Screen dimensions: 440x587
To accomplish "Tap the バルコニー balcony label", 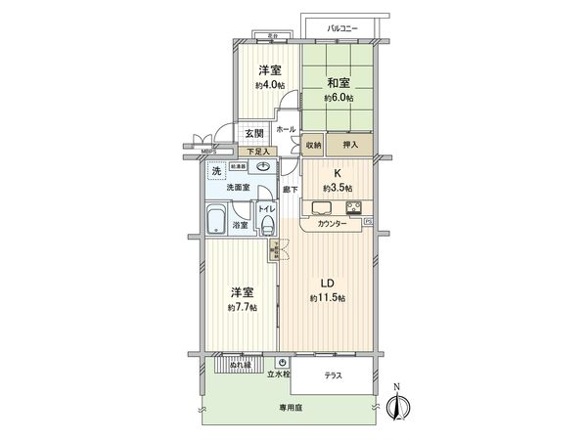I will (341, 28).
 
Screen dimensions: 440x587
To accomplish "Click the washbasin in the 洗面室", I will (264, 167).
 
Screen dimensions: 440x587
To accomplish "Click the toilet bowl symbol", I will (267, 225).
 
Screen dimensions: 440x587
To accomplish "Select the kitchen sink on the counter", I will (322, 206).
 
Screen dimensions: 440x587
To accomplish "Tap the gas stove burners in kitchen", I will (353, 206).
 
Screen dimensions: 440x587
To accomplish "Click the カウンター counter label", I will (333, 224).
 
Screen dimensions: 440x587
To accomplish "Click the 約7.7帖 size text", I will (244, 307).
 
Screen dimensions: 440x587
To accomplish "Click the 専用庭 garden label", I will (289, 407).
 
